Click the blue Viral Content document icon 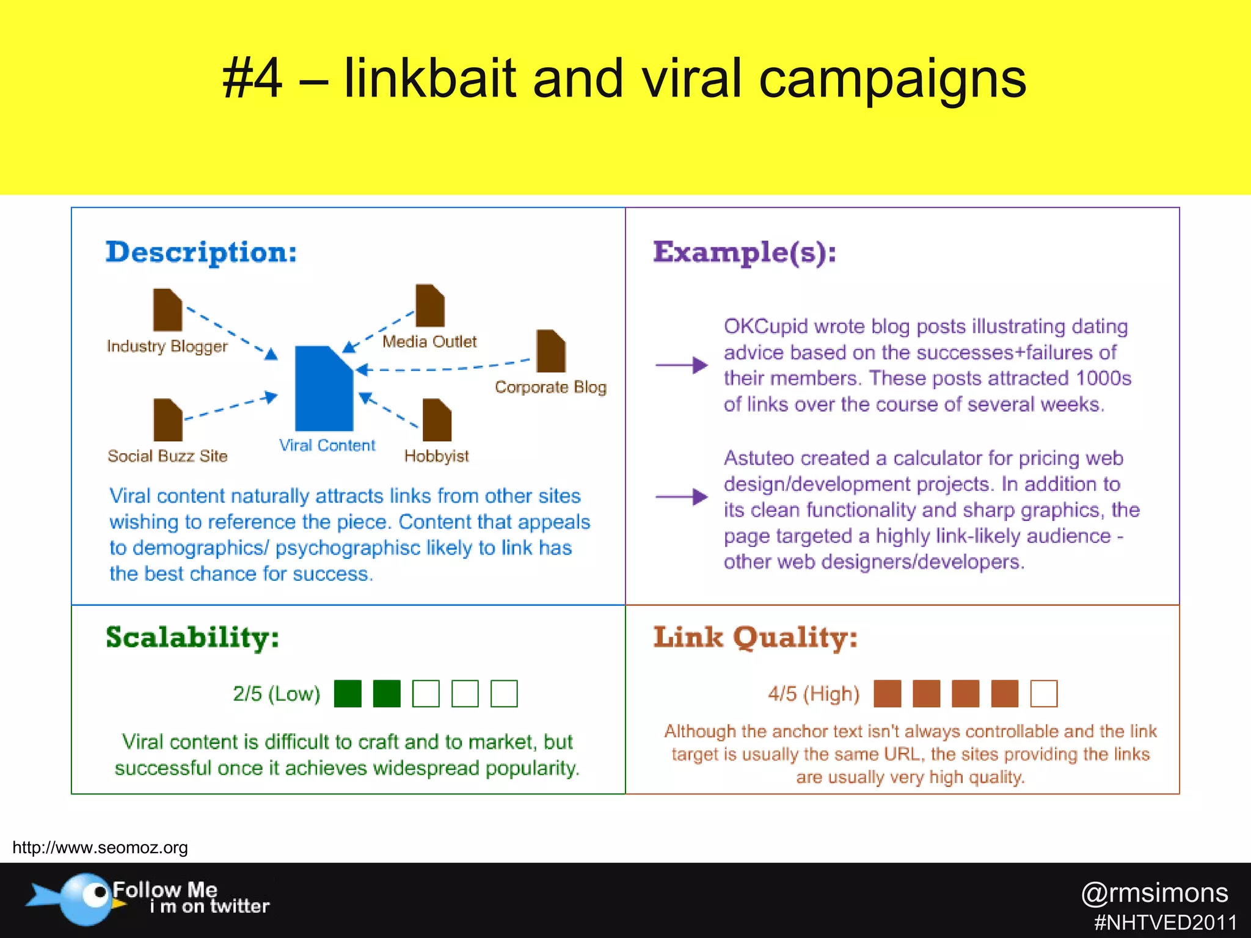(x=324, y=389)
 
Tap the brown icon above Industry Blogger (x=167, y=310)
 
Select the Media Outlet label (x=429, y=341)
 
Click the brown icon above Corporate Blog (x=551, y=351)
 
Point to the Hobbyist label (x=436, y=456)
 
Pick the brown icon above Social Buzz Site (x=168, y=420)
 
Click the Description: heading (x=202, y=252)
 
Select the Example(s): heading (x=745, y=252)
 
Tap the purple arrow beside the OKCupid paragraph (x=681, y=365)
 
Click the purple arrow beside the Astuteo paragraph (x=681, y=496)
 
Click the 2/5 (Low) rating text (x=276, y=694)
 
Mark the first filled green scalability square (x=348, y=694)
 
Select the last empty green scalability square (x=504, y=694)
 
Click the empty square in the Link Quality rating (x=1043, y=694)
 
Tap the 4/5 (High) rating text (x=814, y=694)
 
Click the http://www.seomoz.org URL (x=100, y=848)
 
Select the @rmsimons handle (x=1154, y=893)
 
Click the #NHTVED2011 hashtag (x=1165, y=922)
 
